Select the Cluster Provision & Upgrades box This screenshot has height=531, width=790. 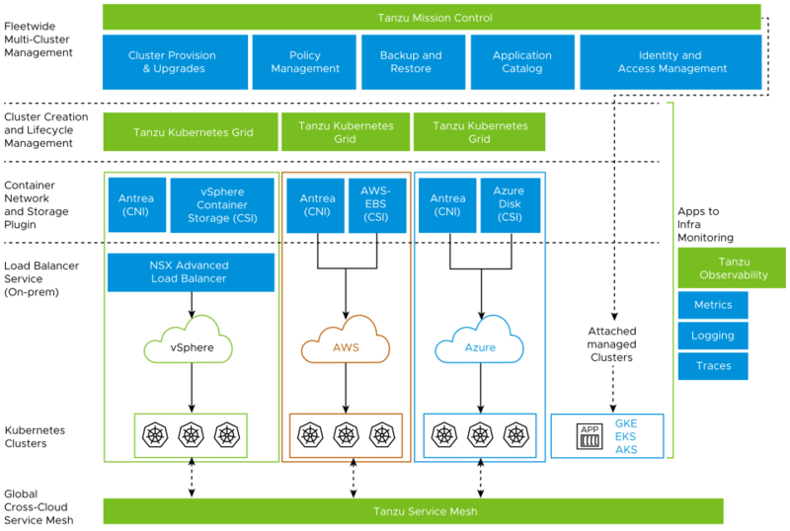coord(172,62)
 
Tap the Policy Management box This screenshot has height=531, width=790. coord(304,62)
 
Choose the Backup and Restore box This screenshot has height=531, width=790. coord(411,62)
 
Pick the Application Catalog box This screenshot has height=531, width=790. coord(521,62)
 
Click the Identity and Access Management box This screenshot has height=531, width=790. coord(671,62)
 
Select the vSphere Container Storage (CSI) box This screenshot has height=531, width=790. coord(222,204)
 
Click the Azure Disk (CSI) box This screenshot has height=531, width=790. coord(509,204)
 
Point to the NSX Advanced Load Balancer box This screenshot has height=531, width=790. coord(190,271)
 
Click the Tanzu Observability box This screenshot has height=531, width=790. coord(732,267)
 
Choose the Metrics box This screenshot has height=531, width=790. coord(713,305)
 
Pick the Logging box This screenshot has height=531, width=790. coord(713,336)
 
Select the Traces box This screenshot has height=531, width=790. coord(713,366)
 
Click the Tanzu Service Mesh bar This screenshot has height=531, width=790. coord(413,511)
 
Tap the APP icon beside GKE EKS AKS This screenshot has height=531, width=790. coord(590,435)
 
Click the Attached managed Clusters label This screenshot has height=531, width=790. coord(612,344)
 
